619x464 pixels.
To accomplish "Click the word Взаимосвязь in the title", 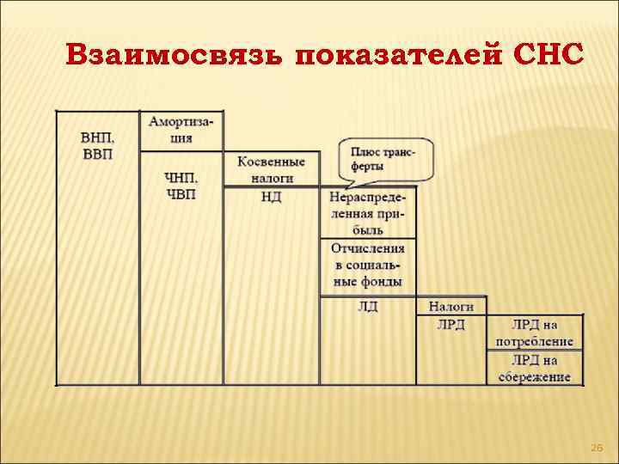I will pos(173,56).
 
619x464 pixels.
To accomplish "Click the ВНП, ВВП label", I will pos(97,145).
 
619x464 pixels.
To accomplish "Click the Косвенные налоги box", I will pos(271,169).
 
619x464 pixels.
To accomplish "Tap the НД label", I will pos(271,197).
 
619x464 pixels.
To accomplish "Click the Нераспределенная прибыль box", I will pos(367,213).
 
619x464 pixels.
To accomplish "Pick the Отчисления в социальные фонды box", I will pos(367,265).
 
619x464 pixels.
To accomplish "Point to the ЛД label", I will pos(367,307).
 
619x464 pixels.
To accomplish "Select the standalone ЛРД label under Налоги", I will pos(451,324).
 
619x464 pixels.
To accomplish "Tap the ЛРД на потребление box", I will pos(535,333).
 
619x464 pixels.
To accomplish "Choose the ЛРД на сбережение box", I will pos(535,368).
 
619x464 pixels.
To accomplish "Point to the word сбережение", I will pos(535,376).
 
